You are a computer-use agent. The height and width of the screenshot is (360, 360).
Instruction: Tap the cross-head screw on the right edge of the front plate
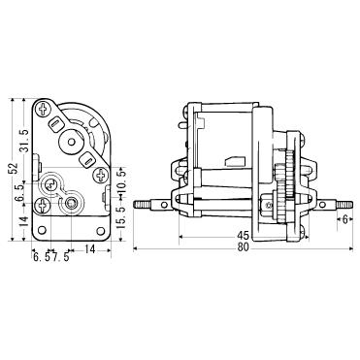coord(100,176)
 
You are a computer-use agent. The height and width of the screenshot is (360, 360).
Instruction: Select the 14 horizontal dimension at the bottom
coord(88,250)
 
